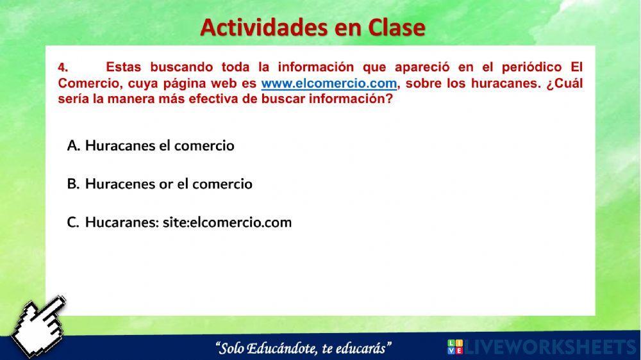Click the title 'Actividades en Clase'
click(x=313, y=27)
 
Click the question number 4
click(x=62, y=67)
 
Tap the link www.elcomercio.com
click(x=329, y=84)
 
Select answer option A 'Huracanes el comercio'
click(x=151, y=145)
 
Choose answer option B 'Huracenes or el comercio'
click(x=160, y=184)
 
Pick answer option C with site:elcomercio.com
click(x=179, y=222)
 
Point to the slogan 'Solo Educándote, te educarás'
click(x=304, y=348)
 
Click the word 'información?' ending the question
click(x=350, y=100)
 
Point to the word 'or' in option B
click(x=166, y=184)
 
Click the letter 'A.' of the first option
click(x=73, y=145)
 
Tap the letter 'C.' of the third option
click(x=73, y=222)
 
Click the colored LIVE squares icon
click(x=454, y=347)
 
